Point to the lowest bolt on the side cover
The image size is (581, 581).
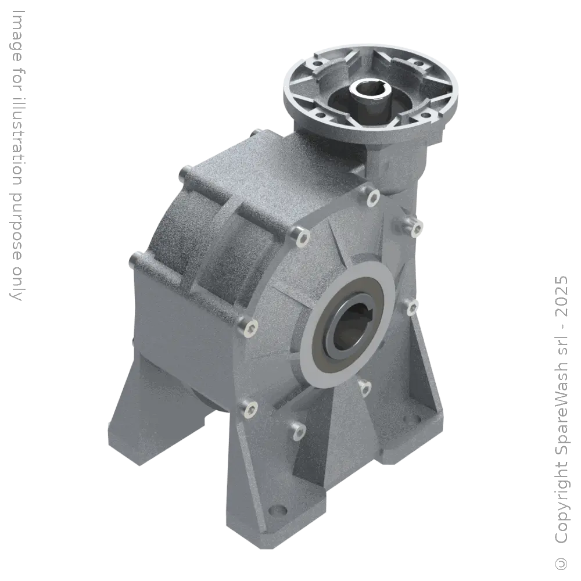(x=300, y=431)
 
